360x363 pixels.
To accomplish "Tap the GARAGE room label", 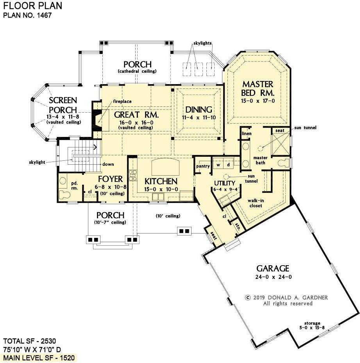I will [272, 268].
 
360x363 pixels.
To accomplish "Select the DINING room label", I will [199, 110].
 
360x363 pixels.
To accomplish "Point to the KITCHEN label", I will [161, 181].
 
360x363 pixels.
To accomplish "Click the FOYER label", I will [110, 179].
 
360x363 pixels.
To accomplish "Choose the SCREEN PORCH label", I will [63, 105].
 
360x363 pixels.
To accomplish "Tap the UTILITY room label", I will [224, 183].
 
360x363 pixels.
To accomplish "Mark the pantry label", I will [202, 166].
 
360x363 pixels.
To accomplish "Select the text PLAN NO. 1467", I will [27, 16].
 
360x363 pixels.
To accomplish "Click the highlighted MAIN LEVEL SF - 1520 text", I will [39, 358].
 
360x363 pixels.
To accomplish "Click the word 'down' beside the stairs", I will [108, 164].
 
